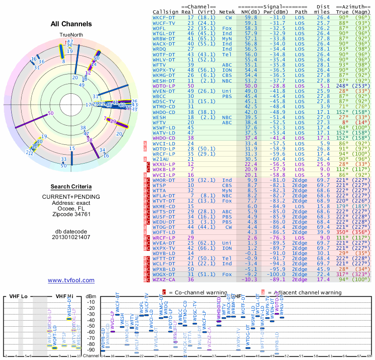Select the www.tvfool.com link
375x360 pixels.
[71, 280]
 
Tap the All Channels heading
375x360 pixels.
[71, 24]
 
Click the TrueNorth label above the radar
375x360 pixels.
[71, 35]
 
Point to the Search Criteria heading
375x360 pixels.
[71, 187]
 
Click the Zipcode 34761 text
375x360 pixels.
[71, 214]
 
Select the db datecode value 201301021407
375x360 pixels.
[71, 237]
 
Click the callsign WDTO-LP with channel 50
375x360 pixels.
[165, 86]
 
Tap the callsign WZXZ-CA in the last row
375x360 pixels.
[165, 279]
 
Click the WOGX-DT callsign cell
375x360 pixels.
[165, 274]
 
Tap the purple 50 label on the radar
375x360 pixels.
[51, 113]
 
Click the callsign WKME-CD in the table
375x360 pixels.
[165, 206]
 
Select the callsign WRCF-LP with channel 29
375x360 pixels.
[165, 238]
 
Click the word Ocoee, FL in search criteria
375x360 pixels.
[71, 209]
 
